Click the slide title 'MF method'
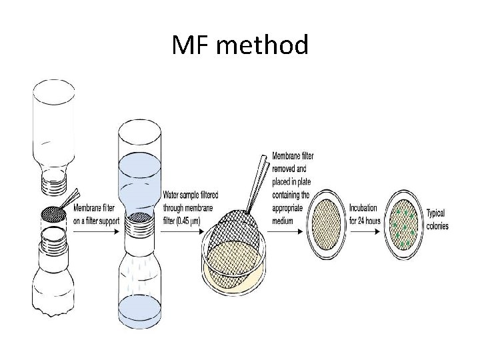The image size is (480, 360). click(240, 46)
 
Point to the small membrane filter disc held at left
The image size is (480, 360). click(53, 214)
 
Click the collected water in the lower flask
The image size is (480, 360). click(139, 307)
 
